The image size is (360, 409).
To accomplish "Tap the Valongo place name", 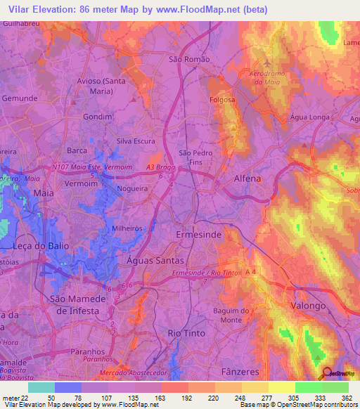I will click(x=308, y=306).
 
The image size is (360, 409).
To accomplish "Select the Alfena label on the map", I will click(x=247, y=178).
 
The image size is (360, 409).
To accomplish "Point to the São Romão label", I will click(x=190, y=60).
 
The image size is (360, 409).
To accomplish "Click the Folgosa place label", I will click(x=222, y=100).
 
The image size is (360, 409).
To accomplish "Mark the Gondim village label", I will click(x=98, y=116).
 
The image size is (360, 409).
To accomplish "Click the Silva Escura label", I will click(x=136, y=141).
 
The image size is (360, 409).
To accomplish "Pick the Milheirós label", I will click(x=129, y=229).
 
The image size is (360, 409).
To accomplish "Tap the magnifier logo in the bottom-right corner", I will click(x=327, y=375).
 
